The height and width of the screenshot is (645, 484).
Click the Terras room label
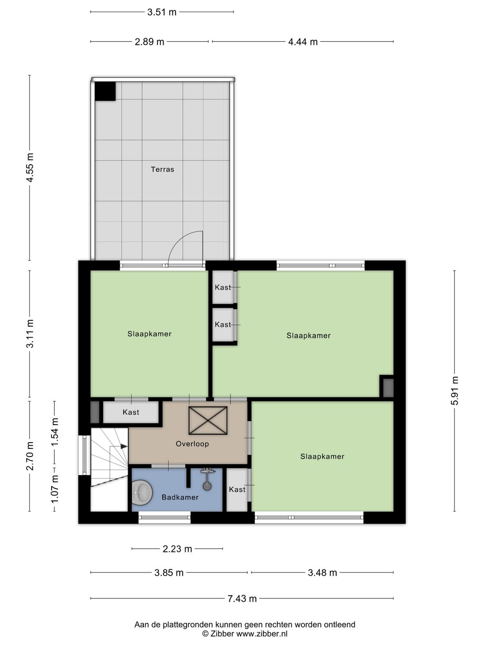coord(162,169)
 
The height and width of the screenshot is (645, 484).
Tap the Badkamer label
coord(180,497)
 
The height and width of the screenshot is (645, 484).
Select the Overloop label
coord(192,444)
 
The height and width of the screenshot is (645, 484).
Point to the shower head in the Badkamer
coord(207,486)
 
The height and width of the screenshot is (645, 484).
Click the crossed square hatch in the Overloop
coord(208,421)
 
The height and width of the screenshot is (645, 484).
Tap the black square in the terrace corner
coord(105,91)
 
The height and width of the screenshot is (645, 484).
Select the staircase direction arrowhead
coord(124,447)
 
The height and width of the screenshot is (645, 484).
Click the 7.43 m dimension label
coord(242,598)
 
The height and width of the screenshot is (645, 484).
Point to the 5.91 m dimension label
coord(454,391)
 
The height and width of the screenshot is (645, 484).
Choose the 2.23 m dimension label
coord(177,549)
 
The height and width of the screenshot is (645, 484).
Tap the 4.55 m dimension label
coord(30,168)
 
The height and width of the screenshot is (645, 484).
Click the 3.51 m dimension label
coord(162,12)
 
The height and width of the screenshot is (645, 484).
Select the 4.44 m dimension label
coord(302,42)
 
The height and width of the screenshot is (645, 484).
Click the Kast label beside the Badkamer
coord(237,489)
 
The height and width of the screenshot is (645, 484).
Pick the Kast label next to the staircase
coord(131,412)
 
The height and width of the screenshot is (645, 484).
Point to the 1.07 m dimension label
coord(55,489)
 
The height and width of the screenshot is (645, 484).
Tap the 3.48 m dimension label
coord(322,572)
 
